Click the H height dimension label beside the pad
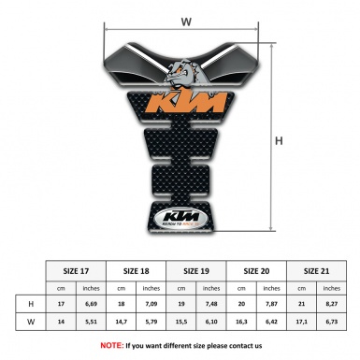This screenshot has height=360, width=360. pos(280,141)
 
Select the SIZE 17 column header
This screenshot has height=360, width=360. pos(76,270)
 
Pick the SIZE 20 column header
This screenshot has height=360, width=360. pos(258,270)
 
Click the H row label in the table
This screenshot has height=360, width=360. pos(31,303)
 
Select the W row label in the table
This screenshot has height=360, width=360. pos(31,323)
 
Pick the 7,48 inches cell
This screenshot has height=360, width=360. pos(212,303)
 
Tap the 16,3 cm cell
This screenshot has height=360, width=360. pos(243,323)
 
